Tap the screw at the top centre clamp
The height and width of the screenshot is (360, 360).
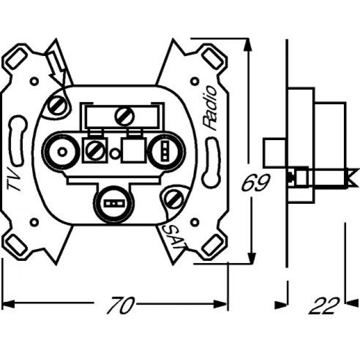tap(122, 116)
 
